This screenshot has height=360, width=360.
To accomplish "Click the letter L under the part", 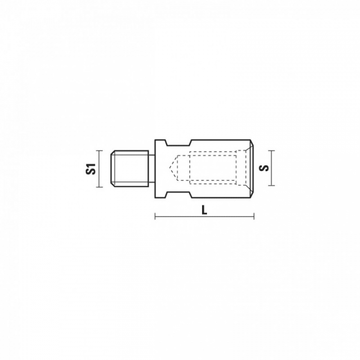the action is [204, 210].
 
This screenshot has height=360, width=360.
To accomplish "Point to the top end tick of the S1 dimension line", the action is [99, 150].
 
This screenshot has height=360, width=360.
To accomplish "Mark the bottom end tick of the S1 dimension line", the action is [99, 187].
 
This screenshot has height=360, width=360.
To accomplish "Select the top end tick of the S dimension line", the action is [271, 150].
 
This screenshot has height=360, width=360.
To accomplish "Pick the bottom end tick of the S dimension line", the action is [271, 185].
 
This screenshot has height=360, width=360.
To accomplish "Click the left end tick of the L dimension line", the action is [155, 216].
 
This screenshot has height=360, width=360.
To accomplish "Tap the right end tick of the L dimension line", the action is [253, 216].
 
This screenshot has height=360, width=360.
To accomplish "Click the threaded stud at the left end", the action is [129, 169].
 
